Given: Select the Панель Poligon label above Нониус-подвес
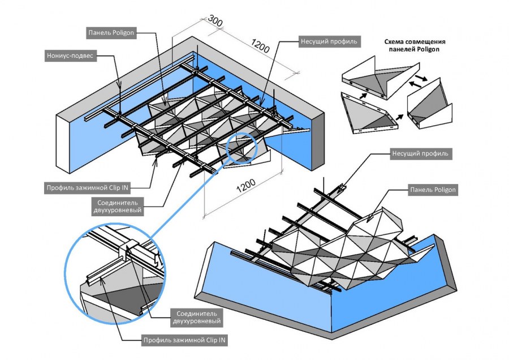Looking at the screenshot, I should [x=111, y=32].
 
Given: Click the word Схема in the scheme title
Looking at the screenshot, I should [x=398, y=41].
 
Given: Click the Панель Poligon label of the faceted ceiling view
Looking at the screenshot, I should [x=433, y=190].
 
